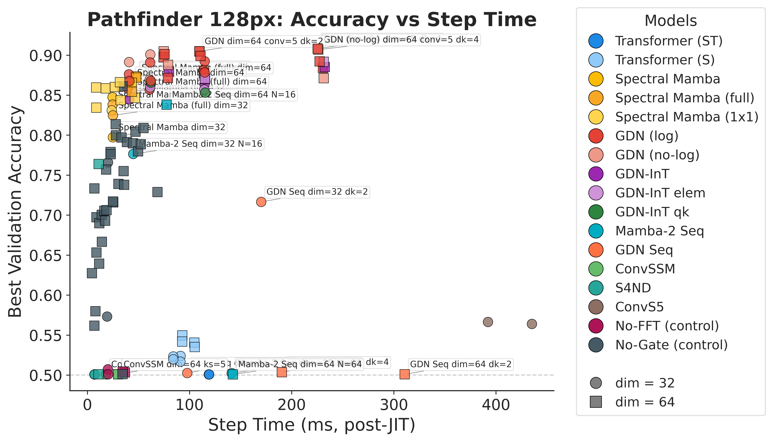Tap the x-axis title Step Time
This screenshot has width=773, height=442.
pos(311,425)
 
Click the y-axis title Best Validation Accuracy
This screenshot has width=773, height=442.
pos(15,212)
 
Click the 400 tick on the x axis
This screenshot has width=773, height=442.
pos(496,405)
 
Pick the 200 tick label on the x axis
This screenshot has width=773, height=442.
pos(291,405)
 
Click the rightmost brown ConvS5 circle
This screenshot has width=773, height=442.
pos(532,324)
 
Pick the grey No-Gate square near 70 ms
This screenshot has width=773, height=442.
pos(157,192)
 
